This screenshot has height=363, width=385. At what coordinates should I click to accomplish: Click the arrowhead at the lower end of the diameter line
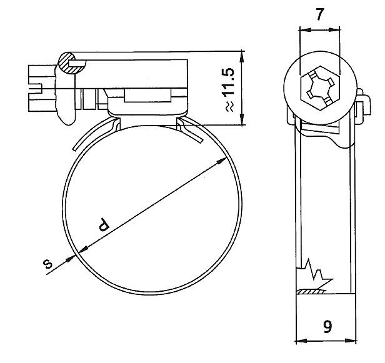[79, 254]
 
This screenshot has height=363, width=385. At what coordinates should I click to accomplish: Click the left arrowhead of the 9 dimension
[299, 341]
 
